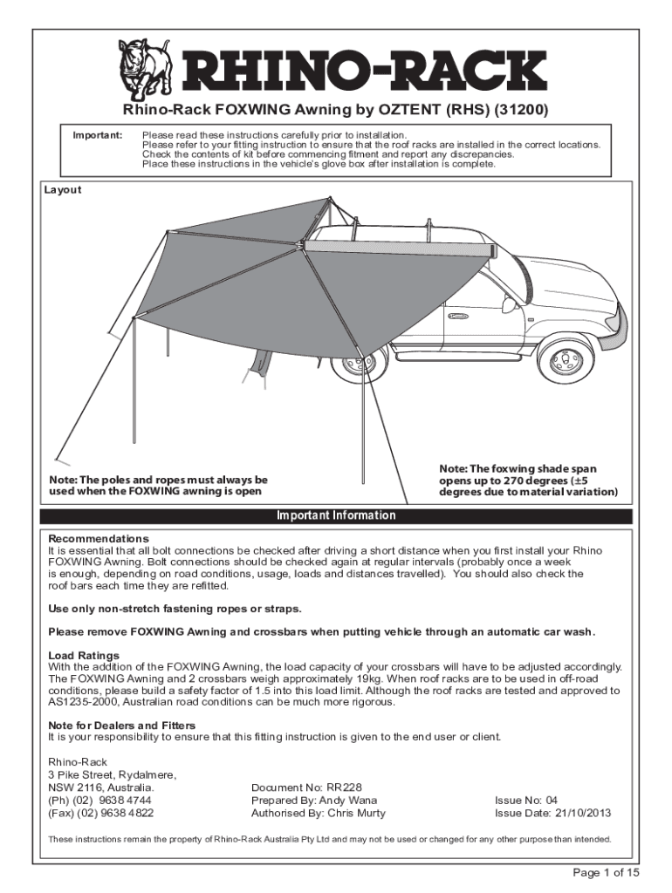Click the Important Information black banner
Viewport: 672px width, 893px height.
tap(336, 515)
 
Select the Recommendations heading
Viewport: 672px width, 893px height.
tap(99, 539)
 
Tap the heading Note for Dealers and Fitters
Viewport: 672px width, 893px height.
tap(121, 725)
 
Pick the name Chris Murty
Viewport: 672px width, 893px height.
tap(356, 814)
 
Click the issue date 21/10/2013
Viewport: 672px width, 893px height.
tap(582, 814)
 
